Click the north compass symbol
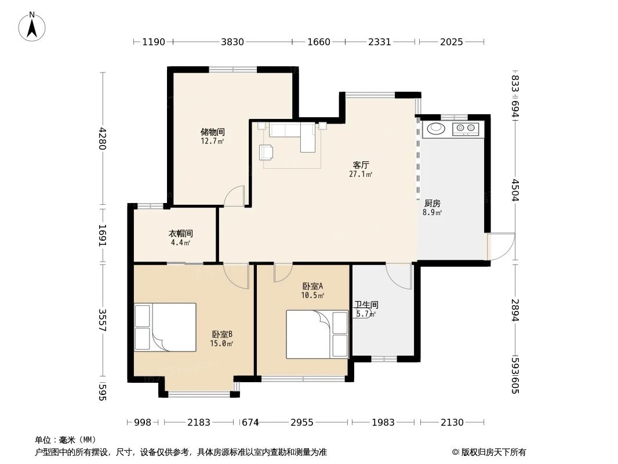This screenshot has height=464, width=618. [x=32, y=26]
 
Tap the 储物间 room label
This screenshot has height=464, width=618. [x=212, y=132]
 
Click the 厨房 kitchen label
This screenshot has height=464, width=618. [x=432, y=204]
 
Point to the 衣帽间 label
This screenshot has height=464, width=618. [x=180, y=233]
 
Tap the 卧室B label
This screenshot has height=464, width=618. [x=221, y=334]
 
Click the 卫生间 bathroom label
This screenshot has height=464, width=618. [x=366, y=304]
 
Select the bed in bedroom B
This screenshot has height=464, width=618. [x=165, y=327]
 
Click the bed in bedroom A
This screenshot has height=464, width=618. [x=317, y=334]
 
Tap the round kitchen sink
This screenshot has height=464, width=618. [x=435, y=128]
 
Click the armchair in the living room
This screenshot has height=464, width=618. [x=267, y=151]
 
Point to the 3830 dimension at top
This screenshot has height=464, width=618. [x=232, y=42]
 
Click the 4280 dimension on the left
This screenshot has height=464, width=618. [x=103, y=139]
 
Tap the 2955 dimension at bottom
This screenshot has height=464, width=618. [x=301, y=422]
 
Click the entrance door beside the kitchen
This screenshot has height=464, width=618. [x=500, y=246]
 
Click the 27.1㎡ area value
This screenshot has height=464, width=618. [x=361, y=174]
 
